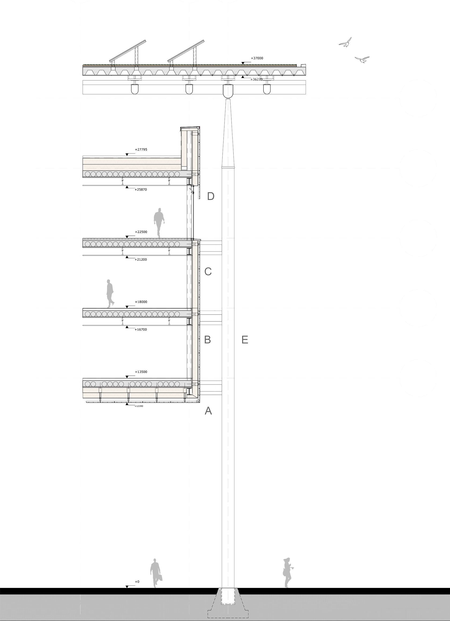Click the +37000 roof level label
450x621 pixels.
click(x=257, y=58)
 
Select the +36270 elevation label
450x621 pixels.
click(x=256, y=79)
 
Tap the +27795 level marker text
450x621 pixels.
click(x=141, y=150)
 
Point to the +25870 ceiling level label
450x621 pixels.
click(x=141, y=189)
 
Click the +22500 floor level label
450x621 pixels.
click(x=141, y=232)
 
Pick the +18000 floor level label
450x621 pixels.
click(x=141, y=302)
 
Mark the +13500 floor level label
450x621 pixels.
click(x=141, y=372)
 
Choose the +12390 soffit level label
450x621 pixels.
click(x=139, y=406)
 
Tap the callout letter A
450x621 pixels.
click(x=208, y=411)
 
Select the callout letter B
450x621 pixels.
click(x=207, y=340)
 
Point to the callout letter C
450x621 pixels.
click(x=208, y=272)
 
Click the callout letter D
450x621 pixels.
click(x=210, y=196)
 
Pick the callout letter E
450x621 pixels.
click(x=245, y=340)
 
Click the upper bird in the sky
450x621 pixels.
click(x=345, y=43)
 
